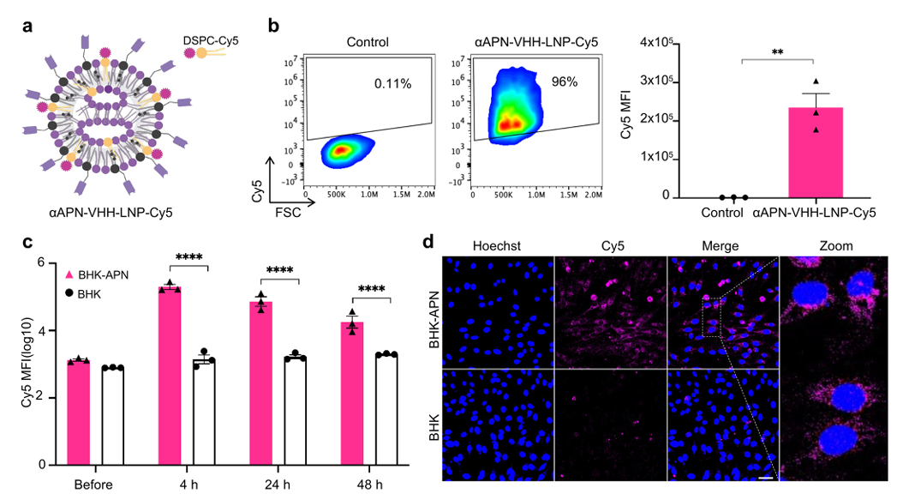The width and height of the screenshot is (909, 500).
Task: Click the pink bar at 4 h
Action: point(169,375)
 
